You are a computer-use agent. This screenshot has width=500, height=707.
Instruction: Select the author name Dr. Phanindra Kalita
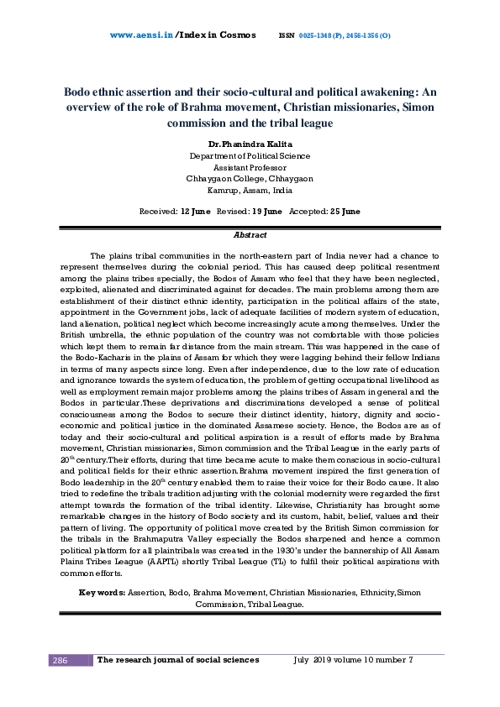[x=250, y=144]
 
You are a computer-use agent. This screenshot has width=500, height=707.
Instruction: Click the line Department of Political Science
[x=250, y=156]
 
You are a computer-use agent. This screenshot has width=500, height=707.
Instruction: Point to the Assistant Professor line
[x=250, y=167]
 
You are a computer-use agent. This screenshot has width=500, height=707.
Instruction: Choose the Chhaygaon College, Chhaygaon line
[x=250, y=178]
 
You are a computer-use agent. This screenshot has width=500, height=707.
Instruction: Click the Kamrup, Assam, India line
[x=250, y=190]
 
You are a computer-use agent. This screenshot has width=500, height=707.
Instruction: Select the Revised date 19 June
[x=266, y=212]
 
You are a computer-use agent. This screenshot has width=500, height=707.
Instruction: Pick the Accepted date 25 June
[x=345, y=212]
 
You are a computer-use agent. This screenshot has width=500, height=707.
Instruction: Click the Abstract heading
[x=250, y=236]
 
